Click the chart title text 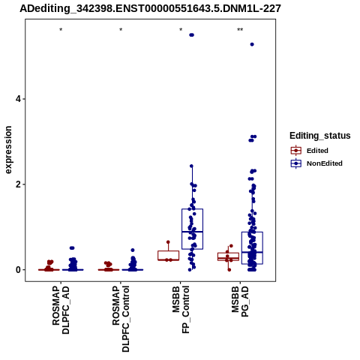[x=151, y=9]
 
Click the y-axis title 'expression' [x=8, y=150]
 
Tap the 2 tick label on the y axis [x=18, y=184]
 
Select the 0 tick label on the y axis [x=18, y=270]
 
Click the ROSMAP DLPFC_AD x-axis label [x=61, y=310]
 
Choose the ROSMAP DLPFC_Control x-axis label [x=121, y=319]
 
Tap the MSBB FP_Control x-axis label [x=181, y=310]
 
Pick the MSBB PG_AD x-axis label [x=240, y=301]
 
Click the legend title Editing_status [x=320, y=136]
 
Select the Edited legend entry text [x=317, y=151]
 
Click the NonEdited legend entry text [x=325, y=163]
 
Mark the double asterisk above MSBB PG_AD [x=240, y=30]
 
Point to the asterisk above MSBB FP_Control [x=181, y=30]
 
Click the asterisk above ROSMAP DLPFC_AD [x=61, y=30]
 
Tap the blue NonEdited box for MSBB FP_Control [x=192, y=229]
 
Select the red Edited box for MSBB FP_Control [x=168, y=256]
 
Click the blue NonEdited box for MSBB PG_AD [x=252, y=248]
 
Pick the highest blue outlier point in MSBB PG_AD [x=252, y=44]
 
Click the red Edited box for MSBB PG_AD [x=228, y=256]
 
